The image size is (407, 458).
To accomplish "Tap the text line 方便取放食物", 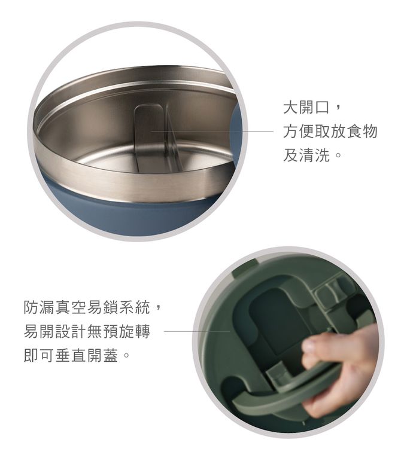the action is [330, 131].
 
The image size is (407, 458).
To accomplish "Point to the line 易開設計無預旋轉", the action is [87, 331].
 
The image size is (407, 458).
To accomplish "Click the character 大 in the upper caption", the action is [291, 107].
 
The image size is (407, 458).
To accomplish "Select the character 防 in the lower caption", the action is [31, 307].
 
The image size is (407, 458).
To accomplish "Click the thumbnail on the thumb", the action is [309, 346].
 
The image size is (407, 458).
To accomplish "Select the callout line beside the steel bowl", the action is [212, 132].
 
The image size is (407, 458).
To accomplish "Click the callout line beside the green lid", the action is [196, 331].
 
